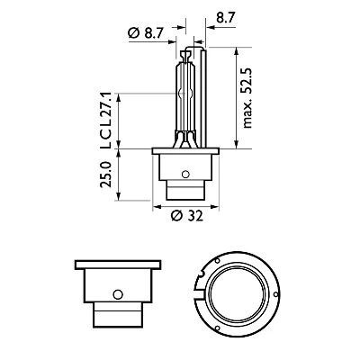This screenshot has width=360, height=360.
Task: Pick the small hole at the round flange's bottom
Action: click(x=238, y=333)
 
